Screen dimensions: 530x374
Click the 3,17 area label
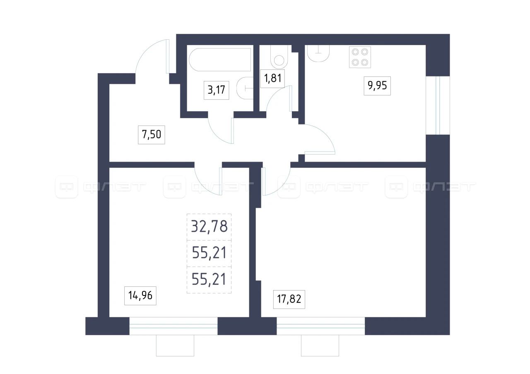216,90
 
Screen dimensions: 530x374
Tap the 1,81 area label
272,79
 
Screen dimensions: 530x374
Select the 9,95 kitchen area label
377,86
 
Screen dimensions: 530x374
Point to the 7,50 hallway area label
152,135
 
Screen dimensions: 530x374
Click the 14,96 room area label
140,295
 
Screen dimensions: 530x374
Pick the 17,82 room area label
289,299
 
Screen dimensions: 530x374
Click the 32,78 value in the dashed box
209,226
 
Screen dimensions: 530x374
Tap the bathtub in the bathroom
220,60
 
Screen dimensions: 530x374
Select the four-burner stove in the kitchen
360,57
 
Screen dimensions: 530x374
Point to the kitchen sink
318,54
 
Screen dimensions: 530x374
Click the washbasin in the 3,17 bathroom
245,88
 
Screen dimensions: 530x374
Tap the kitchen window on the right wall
438,105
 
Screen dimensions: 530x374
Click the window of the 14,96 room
173,326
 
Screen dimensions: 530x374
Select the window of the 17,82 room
320,326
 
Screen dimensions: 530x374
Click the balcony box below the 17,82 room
320,345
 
